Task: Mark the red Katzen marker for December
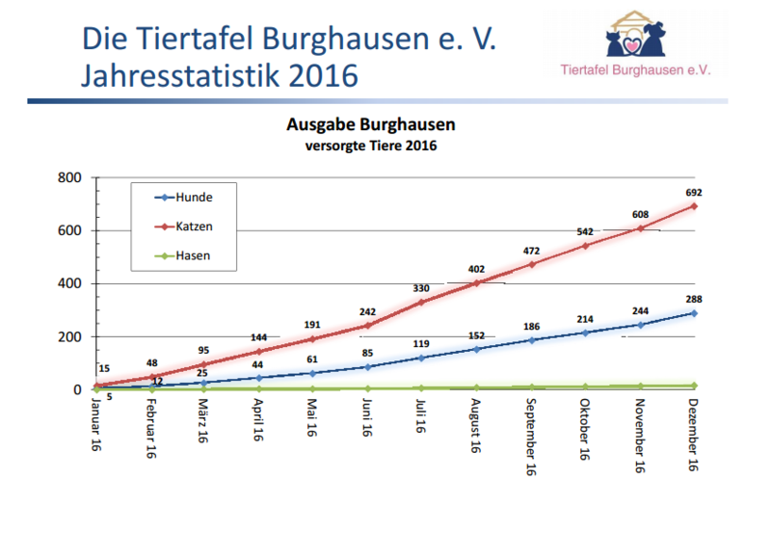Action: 693,206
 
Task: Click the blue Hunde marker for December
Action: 693,313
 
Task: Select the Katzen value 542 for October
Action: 585,232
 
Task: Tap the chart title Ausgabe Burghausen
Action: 370,125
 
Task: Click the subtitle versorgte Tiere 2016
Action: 370,146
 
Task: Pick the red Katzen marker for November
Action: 639,228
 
